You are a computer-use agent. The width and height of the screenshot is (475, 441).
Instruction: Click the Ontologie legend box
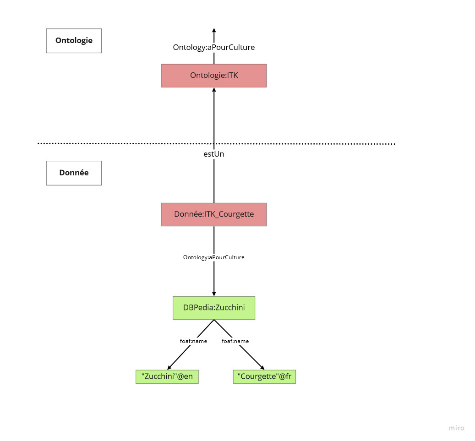74,41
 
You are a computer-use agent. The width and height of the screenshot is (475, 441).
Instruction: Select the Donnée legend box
74,173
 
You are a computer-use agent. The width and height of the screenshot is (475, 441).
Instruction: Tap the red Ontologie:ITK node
214,76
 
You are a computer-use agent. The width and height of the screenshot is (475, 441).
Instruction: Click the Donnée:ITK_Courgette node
214,214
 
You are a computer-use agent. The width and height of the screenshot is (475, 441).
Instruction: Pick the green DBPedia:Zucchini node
214,308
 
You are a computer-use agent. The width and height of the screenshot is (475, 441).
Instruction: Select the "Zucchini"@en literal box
167,376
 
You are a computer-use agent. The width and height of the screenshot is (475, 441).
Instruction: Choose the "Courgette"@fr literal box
264,376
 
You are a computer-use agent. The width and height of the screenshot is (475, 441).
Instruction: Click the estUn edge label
214,154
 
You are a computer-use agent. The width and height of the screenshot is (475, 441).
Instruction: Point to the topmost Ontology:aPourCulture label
214,47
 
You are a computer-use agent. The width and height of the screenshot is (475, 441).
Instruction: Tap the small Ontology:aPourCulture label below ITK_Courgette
214,257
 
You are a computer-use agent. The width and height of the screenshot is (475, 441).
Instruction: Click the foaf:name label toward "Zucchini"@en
194,341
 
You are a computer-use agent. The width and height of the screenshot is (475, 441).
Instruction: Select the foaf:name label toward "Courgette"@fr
235,341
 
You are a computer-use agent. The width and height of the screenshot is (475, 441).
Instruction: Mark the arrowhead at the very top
214,30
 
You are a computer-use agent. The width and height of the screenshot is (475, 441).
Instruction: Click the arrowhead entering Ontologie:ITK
214,90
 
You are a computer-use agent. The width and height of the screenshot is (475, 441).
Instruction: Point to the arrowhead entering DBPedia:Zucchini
214,294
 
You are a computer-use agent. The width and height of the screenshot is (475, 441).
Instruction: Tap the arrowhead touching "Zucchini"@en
169,367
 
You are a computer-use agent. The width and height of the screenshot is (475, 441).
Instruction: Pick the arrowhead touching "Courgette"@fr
262,367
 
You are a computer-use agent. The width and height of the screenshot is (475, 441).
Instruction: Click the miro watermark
457,428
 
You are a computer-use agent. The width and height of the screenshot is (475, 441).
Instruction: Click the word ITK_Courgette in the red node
229,214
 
